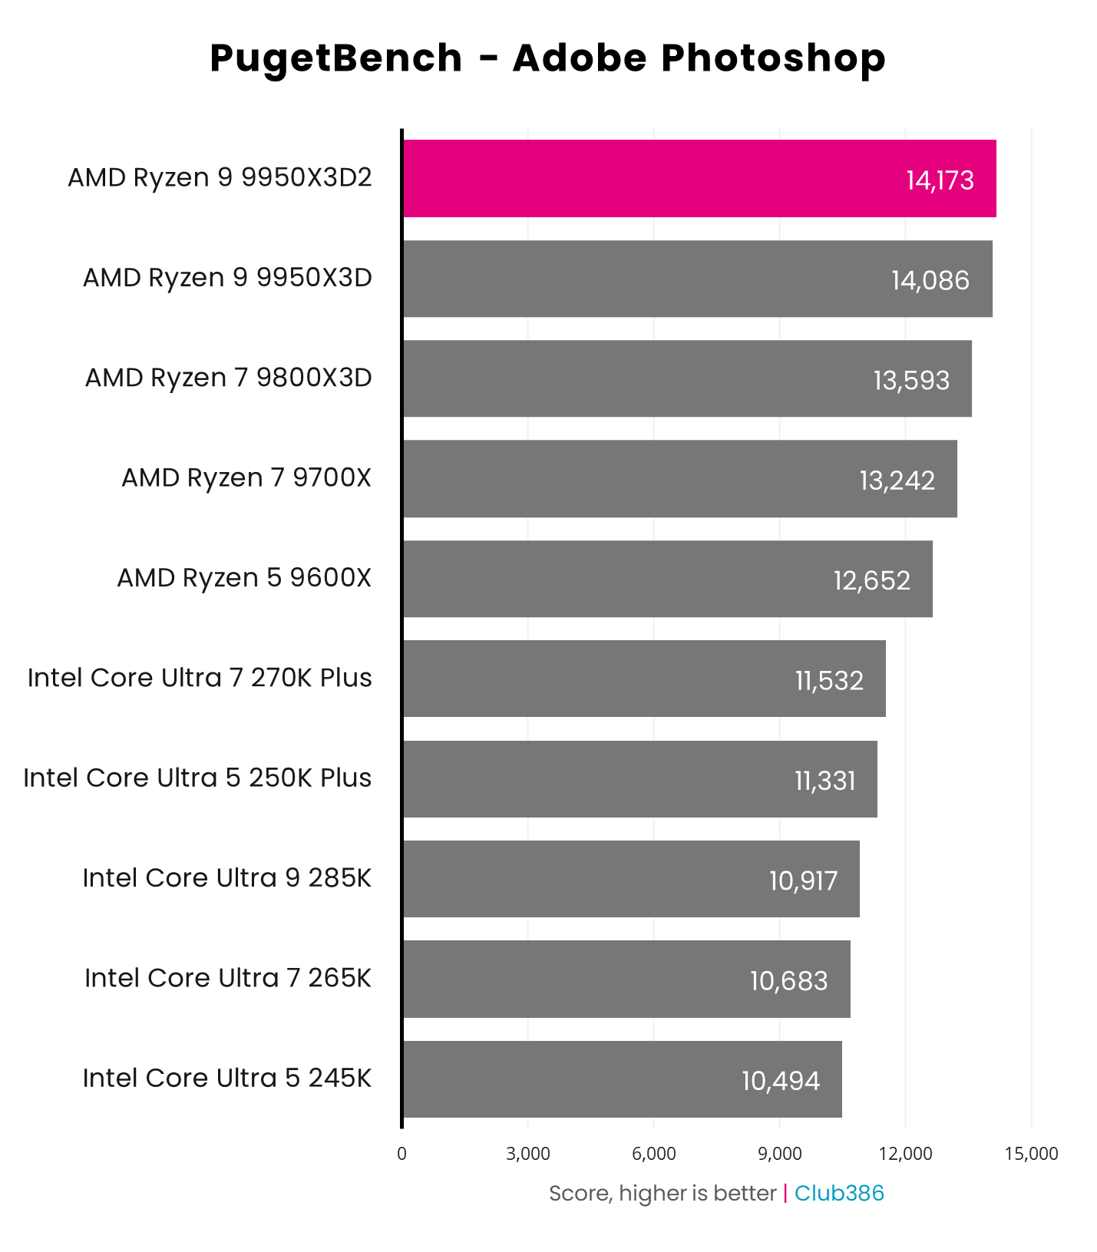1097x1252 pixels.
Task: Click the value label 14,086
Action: [x=930, y=280]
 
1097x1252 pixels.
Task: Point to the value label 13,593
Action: [x=911, y=380]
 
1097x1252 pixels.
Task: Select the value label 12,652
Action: [x=871, y=580]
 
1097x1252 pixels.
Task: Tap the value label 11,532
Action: [x=829, y=680]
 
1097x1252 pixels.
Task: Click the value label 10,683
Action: [x=788, y=980]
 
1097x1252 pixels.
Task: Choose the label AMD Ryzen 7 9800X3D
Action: [x=228, y=378]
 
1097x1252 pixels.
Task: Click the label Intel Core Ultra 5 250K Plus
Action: [x=197, y=778]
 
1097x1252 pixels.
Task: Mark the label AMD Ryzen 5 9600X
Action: [x=244, y=577]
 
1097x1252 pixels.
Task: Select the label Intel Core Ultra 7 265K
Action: [x=228, y=978]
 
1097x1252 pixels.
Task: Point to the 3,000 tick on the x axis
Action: [x=528, y=1154]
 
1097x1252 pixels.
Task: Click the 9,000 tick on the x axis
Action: [x=779, y=1154]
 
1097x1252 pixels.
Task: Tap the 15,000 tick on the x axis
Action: [x=1031, y=1154]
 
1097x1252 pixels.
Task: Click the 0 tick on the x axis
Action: [x=401, y=1154]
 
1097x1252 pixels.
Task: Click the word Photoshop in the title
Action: [x=774, y=58]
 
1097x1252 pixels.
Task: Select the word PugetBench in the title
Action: [x=335, y=58]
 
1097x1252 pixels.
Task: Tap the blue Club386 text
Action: [x=838, y=1193]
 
